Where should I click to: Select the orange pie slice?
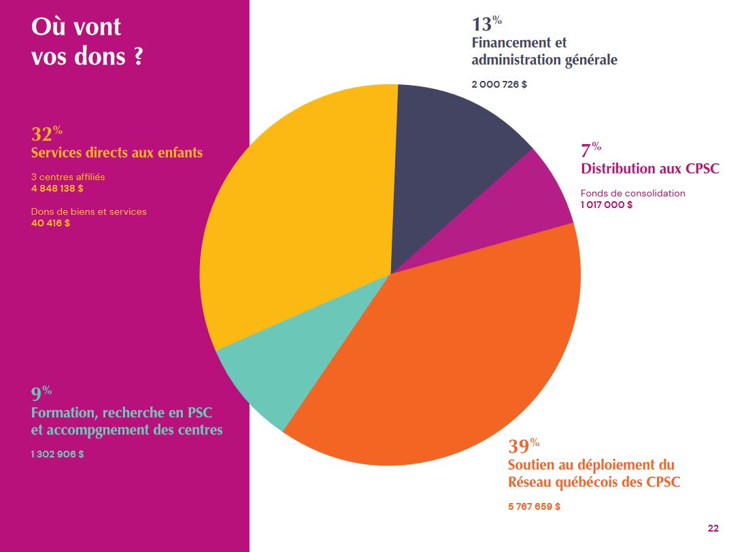(x=449, y=353)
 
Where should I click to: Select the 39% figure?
(x=523, y=447)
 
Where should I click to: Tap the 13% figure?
(x=486, y=24)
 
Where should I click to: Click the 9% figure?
(x=41, y=394)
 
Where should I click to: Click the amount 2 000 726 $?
(x=499, y=85)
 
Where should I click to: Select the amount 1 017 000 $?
(x=606, y=205)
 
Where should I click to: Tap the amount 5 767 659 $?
(x=534, y=506)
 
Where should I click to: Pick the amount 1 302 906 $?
(x=57, y=454)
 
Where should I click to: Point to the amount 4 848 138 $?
(x=57, y=188)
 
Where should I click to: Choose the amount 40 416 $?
(x=50, y=223)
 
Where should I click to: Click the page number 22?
(x=713, y=528)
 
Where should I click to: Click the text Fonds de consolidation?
(x=632, y=193)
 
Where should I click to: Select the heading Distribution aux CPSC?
(x=649, y=169)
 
